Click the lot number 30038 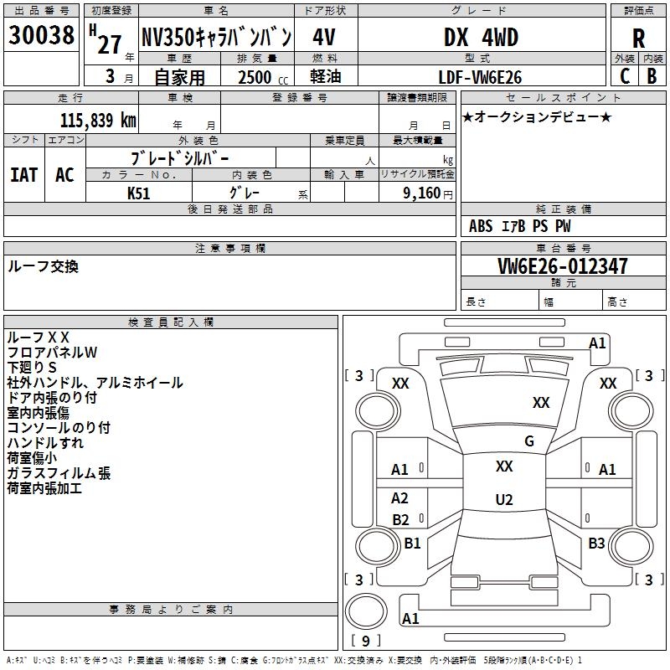42,36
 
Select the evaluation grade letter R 638,39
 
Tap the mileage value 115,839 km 98,121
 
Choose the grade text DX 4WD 481,38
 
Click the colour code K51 139,193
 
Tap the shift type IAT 23,175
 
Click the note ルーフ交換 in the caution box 43,266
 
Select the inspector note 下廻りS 32,367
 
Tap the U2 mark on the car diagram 504,500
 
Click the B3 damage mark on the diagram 596,544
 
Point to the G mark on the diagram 529,441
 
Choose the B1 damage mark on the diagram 412,544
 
